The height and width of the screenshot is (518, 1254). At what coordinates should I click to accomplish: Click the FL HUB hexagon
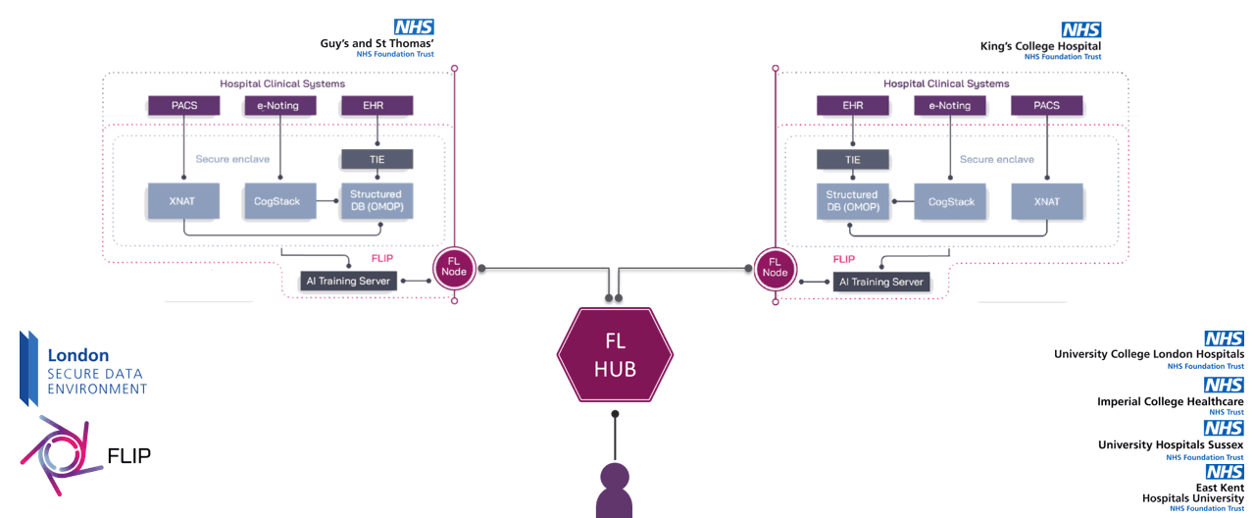click(x=615, y=355)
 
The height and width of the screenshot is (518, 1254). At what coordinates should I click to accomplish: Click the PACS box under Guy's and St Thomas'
click(x=183, y=106)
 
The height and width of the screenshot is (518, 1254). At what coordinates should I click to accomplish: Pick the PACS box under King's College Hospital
click(x=1047, y=106)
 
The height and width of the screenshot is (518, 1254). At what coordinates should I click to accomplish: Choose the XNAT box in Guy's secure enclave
click(x=183, y=201)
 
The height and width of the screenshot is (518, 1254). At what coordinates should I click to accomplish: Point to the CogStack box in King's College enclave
click(x=950, y=201)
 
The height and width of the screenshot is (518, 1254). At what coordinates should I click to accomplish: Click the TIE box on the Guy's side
click(x=376, y=159)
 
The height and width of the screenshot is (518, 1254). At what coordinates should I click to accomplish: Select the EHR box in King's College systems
click(x=853, y=106)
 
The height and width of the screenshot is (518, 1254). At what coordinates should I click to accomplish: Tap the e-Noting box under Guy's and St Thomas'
click(x=279, y=106)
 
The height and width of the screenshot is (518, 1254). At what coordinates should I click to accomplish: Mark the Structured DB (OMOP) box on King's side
click(x=852, y=201)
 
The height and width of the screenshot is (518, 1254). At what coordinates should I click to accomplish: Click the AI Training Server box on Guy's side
click(x=350, y=282)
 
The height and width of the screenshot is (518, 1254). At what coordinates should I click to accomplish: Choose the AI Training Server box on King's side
click(x=880, y=282)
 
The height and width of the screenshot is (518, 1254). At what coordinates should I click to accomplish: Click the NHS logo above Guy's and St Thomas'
click(x=414, y=28)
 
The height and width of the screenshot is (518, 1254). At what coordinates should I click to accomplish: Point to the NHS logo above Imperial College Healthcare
click(x=1224, y=386)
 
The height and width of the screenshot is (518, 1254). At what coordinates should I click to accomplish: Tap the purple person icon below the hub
click(x=615, y=490)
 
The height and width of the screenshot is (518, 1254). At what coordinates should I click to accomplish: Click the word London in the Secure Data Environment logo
click(x=78, y=356)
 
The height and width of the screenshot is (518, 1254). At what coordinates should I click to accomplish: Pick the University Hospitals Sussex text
click(x=1171, y=445)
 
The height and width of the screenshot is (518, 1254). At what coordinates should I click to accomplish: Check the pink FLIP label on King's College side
click(x=843, y=259)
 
